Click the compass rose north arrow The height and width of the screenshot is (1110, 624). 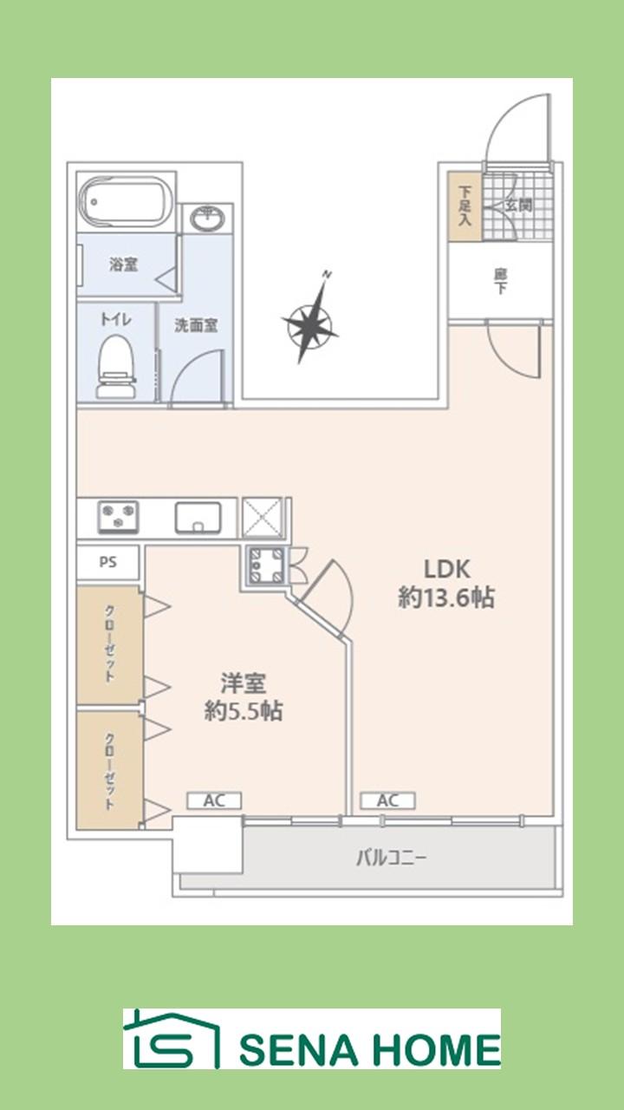(310, 323)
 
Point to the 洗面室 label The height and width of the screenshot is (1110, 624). (197, 325)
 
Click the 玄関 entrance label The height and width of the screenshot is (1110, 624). (518, 206)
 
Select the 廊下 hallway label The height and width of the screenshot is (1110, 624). (500, 281)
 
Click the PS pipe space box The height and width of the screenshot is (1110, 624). (107, 562)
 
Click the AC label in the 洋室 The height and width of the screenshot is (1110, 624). (214, 800)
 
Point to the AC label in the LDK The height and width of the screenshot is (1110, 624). (387, 800)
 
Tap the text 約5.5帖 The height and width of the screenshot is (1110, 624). (243, 710)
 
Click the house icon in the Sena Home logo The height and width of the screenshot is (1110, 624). (171, 1038)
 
